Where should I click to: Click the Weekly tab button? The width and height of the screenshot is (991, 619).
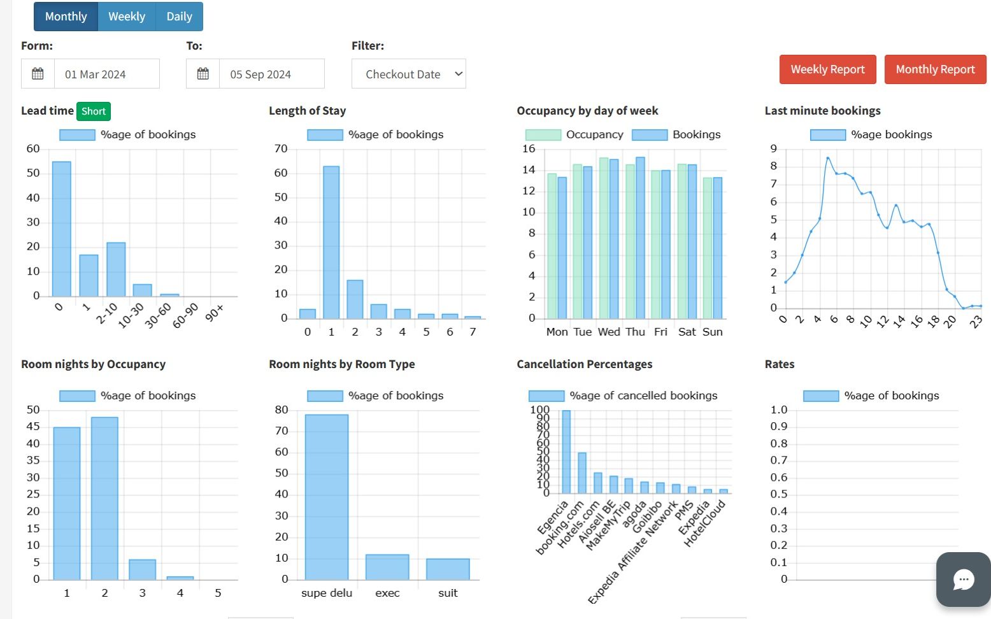pyautogui.click(x=127, y=17)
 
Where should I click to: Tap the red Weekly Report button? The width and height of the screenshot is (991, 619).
pyautogui.click(x=827, y=69)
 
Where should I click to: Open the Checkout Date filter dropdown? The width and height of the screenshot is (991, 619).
pyautogui.click(x=408, y=74)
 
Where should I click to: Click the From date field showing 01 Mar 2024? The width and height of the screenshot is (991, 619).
pyautogui.click(x=106, y=74)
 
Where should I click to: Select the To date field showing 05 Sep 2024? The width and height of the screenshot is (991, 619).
pyautogui.click(x=272, y=74)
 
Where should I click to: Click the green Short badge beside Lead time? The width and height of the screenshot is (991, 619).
pyautogui.click(x=94, y=111)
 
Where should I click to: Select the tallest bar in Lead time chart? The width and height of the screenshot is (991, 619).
pyautogui.click(x=62, y=229)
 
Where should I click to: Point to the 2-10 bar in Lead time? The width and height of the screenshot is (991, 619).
pyautogui.click(x=116, y=269)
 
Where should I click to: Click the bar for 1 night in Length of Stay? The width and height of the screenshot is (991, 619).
pyautogui.click(x=331, y=243)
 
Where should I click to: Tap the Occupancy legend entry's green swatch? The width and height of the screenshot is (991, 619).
pyautogui.click(x=543, y=135)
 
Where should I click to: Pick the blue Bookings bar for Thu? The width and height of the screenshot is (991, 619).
pyautogui.click(x=640, y=238)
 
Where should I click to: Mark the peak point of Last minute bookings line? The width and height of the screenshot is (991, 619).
pyautogui.click(x=828, y=158)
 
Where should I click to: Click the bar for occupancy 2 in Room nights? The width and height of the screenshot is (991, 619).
pyautogui.click(x=104, y=498)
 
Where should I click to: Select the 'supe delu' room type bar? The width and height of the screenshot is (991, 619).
pyautogui.click(x=327, y=497)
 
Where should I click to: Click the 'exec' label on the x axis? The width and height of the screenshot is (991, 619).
pyautogui.click(x=387, y=593)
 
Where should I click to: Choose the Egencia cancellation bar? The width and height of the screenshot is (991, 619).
pyautogui.click(x=566, y=452)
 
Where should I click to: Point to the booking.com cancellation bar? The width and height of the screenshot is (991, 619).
pyautogui.click(x=581, y=473)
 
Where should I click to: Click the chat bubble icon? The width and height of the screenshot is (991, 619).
pyautogui.click(x=964, y=580)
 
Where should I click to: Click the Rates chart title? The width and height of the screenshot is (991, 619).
pyautogui.click(x=779, y=364)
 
